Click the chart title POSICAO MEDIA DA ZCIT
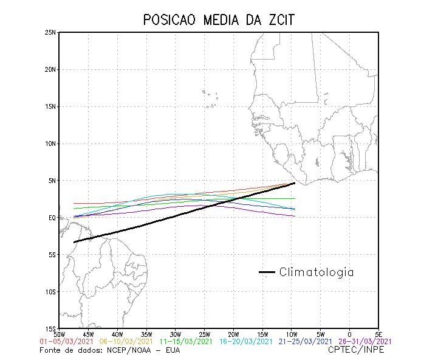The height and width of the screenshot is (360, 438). click(x=219, y=20)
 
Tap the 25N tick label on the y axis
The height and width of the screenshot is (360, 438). click(x=50, y=32)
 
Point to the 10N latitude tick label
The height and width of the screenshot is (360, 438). click(x=50, y=144)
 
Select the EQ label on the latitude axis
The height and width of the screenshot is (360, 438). click(x=52, y=218)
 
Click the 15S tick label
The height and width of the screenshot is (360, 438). click(x=50, y=328)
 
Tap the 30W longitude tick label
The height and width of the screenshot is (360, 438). click(x=175, y=334)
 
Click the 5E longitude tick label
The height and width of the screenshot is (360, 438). click(x=378, y=334)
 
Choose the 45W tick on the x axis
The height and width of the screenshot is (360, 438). click(x=87, y=334)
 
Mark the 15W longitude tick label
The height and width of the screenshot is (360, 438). click(x=262, y=334)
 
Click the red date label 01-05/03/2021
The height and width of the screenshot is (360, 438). click(x=66, y=342)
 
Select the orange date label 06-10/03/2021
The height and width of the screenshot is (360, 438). click(x=125, y=342)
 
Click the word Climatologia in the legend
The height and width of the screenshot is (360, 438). click(x=317, y=272)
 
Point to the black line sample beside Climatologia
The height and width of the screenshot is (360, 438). click(x=267, y=272)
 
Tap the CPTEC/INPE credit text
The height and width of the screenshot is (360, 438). click(x=356, y=350)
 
